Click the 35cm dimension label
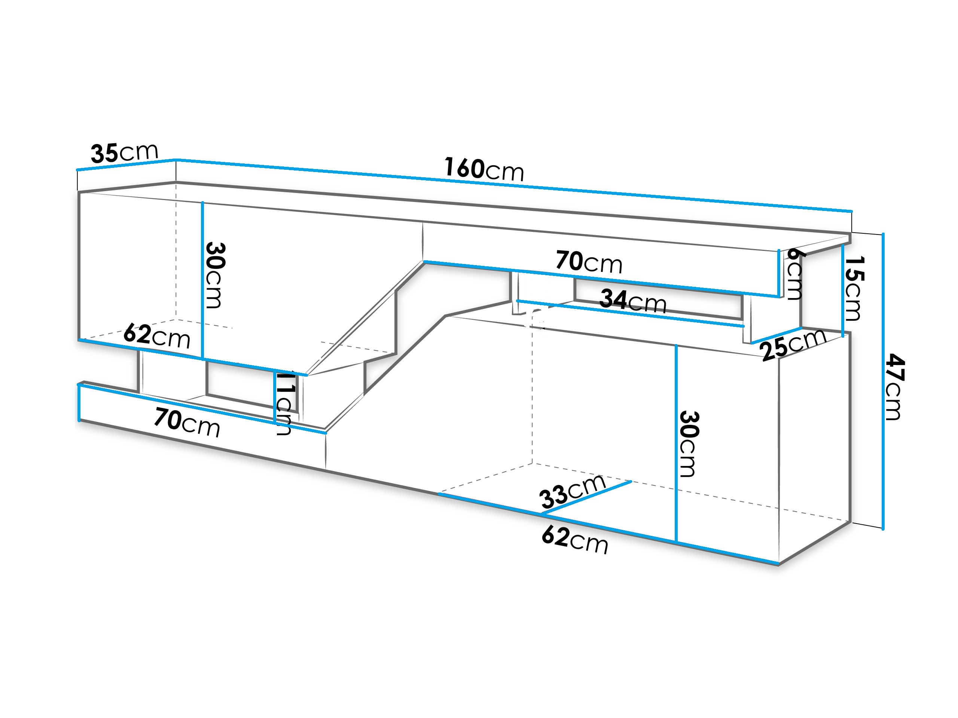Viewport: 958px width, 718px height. [x=125, y=153]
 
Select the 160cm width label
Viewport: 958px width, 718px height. [x=484, y=169]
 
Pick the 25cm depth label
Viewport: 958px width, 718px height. [x=793, y=344]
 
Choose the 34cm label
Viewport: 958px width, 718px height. [x=633, y=301]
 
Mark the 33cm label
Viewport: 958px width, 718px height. [x=573, y=491]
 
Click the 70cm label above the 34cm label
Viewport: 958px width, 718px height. [x=589, y=262]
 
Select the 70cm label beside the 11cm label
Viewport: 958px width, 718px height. [x=187, y=423]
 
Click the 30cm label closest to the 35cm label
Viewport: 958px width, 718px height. [x=215, y=275]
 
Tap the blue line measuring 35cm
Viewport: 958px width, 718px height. [x=126, y=165]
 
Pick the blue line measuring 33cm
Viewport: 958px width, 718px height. [x=586, y=497]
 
